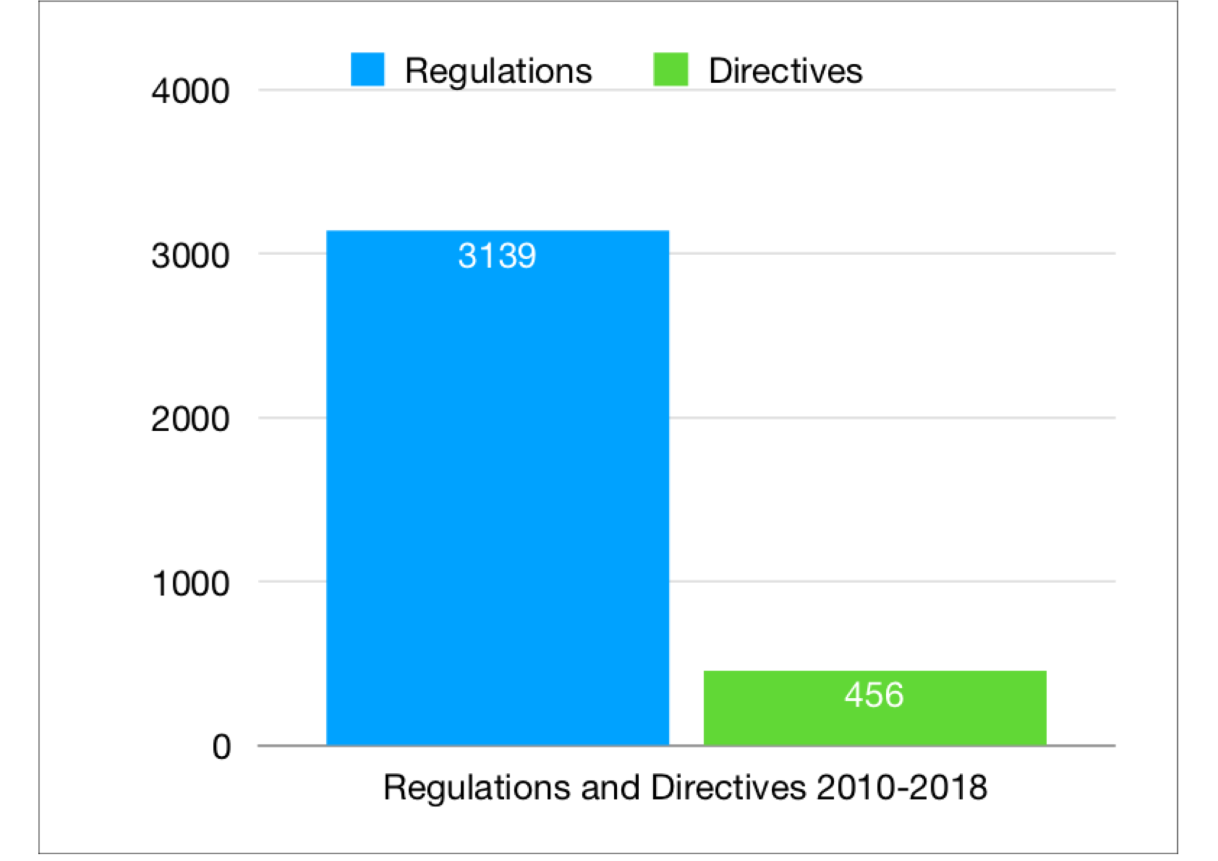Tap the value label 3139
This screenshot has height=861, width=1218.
497,256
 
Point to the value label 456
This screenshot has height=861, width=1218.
874,694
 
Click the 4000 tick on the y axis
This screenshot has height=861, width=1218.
190,91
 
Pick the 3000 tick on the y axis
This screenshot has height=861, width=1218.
190,256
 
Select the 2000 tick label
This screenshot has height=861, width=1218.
190,420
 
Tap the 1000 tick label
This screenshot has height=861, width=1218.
190,584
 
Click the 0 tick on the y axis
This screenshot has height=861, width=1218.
222,747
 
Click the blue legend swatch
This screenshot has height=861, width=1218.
367,70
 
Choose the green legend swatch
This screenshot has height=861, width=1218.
670,70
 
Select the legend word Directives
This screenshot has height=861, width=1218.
785,71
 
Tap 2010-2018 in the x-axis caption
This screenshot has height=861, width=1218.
901,787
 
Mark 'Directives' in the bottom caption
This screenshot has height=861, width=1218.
728,787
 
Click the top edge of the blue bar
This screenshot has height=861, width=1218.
497,231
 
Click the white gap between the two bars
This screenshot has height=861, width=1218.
686,689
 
